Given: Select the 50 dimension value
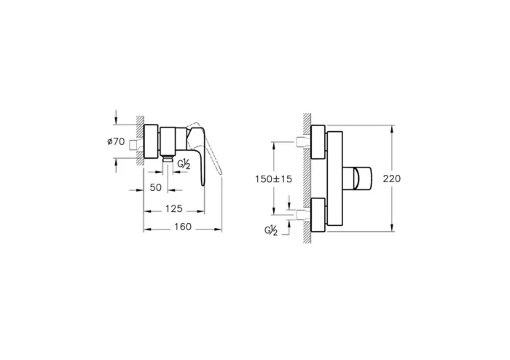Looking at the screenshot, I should tap(155, 188).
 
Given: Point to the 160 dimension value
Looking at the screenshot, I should tap(182, 227).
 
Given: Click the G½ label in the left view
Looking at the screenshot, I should tap(185, 165).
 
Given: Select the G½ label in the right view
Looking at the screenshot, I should tap(272, 231).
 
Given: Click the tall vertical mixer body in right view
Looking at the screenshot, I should tap(334, 179).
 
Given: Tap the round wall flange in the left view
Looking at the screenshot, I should tap(152, 142).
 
